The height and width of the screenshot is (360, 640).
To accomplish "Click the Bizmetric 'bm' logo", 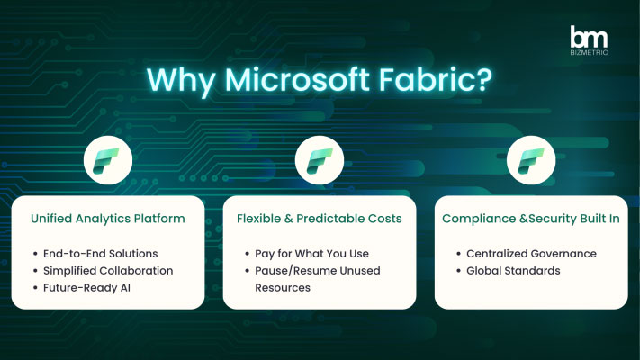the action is point(589,40).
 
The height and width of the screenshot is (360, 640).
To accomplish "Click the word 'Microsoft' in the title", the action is point(297,79).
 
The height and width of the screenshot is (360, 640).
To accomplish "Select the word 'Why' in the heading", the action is point(181,81).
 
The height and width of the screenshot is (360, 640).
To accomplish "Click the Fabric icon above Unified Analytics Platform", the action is point(108,160).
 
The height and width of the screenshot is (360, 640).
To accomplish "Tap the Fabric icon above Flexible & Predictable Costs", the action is point(320,160).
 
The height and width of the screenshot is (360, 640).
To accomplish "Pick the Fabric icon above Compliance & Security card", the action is point(531,160).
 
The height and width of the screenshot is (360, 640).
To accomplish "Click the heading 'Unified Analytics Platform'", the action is point(108,219).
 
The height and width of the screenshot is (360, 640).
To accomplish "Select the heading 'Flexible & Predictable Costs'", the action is point(320,219).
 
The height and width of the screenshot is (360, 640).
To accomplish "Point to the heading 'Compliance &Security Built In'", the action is point(531,219).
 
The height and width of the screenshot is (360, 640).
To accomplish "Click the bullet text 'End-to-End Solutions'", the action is point(101,254).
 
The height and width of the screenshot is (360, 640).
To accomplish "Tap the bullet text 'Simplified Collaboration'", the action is point(108,271).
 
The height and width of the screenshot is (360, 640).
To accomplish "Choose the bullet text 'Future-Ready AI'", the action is point(86,288).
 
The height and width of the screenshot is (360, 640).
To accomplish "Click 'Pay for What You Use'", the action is point(311,254).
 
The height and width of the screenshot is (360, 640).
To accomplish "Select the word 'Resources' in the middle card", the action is point(283,288).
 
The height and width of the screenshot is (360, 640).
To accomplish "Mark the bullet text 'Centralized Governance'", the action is point(531,254).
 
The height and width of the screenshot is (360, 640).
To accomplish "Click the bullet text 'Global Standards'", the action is point(513,271).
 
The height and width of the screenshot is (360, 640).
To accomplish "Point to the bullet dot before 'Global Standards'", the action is point(458,271).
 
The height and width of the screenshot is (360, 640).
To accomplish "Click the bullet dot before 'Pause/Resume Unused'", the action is point(247,271).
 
